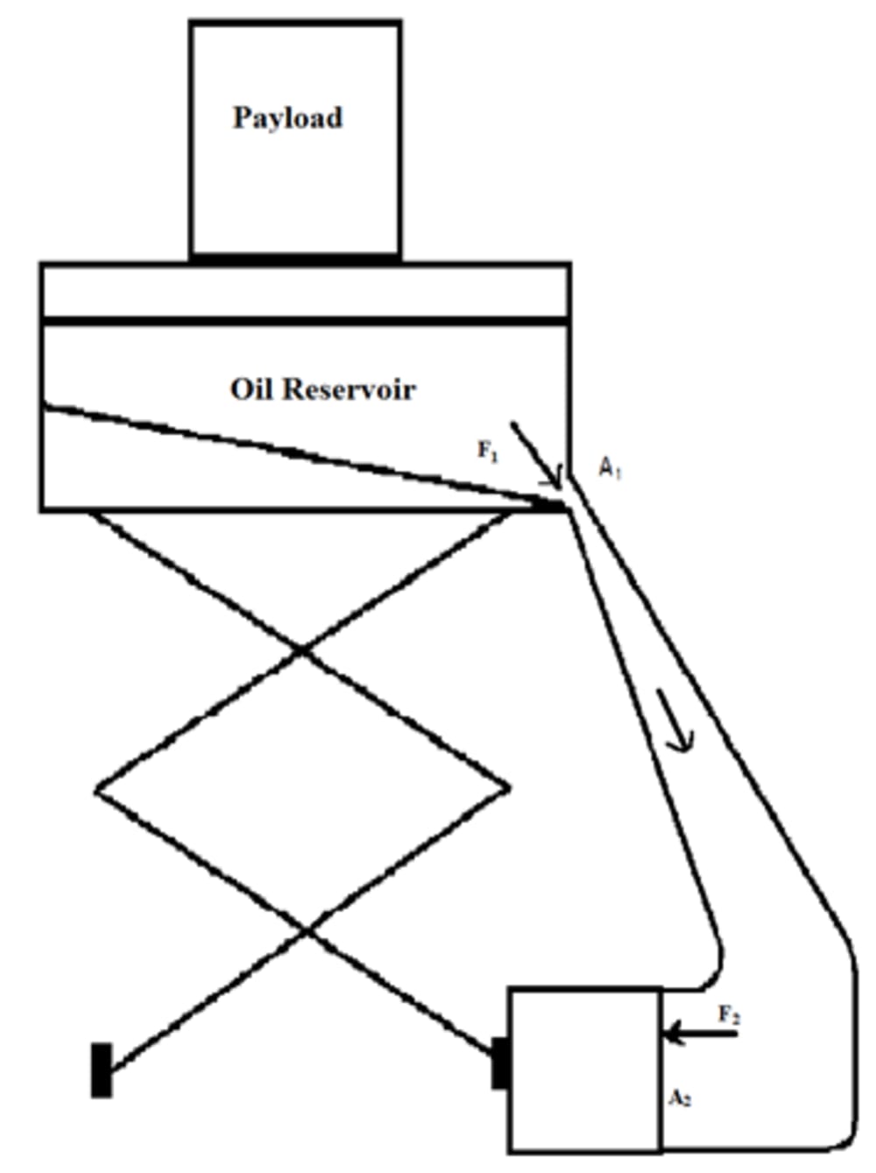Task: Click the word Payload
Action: (287, 118)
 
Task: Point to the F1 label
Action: (488, 451)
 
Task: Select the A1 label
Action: (610, 468)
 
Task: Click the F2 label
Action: (730, 1015)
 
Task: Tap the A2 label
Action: (680, 1098)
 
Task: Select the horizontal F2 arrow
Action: (701, 1034)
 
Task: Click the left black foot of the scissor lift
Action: (102, 1070)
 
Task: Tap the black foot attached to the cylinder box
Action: (500, 1063)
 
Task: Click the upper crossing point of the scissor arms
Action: (302, 650)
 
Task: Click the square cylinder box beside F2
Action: (585, 1070)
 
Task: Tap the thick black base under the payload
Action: (296, 259)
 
